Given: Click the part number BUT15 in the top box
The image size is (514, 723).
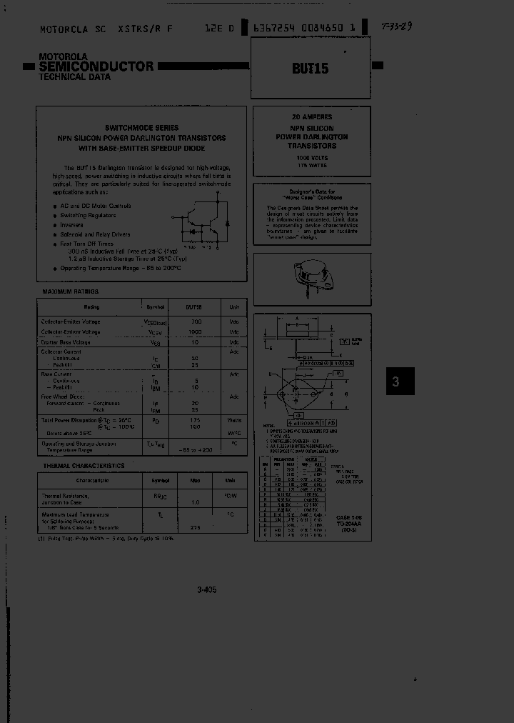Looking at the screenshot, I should pos(311,69).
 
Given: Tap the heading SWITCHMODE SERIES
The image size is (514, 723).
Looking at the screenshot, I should pos(141,127).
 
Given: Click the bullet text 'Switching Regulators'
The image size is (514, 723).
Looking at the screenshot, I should pos(88,215).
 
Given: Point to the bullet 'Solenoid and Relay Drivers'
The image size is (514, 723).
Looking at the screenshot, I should pos(95,234).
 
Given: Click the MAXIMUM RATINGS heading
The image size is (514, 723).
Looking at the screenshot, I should pos(70,291).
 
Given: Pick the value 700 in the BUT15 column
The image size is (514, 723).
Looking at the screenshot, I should pos(196,322).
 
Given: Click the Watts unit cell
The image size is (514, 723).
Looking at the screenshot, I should pos(233,420).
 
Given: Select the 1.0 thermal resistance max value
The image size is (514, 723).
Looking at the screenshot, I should pos(195,502).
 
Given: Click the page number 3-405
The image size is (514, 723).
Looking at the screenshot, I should pos(206,589).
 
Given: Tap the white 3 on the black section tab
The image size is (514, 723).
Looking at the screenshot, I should pos(395,382).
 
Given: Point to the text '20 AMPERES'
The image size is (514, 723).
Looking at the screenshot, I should pos(312,116).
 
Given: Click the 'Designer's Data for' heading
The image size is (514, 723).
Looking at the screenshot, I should pos(312,191).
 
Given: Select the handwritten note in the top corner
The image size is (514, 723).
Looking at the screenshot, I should pos(397,27).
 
